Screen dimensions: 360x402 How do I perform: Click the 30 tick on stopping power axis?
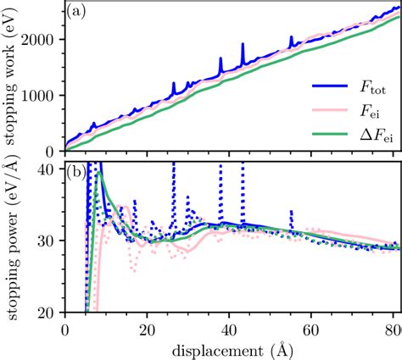tap(47, 241)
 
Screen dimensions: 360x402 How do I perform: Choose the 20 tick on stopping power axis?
tap(47, 313)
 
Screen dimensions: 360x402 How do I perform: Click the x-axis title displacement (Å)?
tap(232, 349)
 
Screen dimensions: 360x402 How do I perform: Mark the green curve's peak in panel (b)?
tap(99, 173)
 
